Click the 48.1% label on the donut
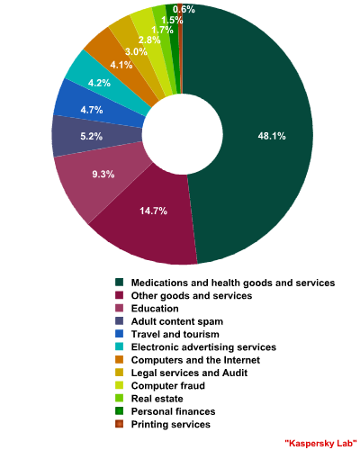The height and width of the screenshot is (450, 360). pyautogui.click(x=272, y=136)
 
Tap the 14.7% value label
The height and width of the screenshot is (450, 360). pyautogui.click(x=153, y=211)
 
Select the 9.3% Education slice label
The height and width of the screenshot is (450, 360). pyautogui.click(x=103, y=174)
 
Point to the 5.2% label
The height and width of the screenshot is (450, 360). pyautogui.click(x=92, y=137)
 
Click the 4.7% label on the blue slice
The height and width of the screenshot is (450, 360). pyautogui.click(x=92, y=110)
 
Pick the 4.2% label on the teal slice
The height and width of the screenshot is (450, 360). pyautogui.click(x=99, y=83)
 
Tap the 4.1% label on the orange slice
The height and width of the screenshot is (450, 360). pyautogui.click(x=121, y=65)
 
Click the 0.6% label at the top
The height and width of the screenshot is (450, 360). pyautogui.click(x=184, y=10)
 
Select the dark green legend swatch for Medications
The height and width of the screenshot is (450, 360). pyautogui.click(x=119, y=283)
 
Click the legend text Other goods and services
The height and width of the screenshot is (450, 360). pyautogui.click(x=192, y=296)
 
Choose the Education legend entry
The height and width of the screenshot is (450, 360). pyautogui.click(x=155, y=309)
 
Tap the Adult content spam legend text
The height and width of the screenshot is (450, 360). pyautogui.click(x=177, y=321)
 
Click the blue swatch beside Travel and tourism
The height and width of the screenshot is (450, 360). pyautogui.click(x=119, y=334)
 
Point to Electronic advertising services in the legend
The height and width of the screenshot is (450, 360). pyautogui.click(x=203, y=347)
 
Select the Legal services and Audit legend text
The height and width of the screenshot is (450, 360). pyautogui.click(x=189, y=373)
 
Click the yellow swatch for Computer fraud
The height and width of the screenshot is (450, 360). pyautogui.click(x=119, y=385)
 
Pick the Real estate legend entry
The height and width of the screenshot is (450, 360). pyautogui.click(x=157, y=399)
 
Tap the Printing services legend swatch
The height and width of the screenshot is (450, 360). pyautogui.click(x=119, y=424)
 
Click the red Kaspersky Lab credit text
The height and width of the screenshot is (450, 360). pyautogui.click(x=320, y=443)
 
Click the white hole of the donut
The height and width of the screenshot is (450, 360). pyautogui.click(x=183, y=134)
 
